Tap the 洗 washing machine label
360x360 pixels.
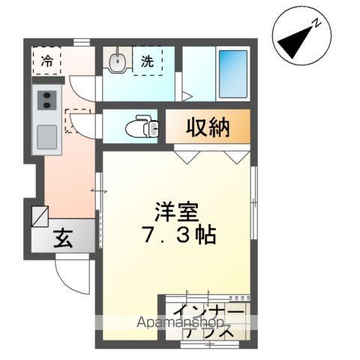pos(147,62)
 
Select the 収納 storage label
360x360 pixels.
pos(208,127)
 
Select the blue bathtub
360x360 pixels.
pos(233,73)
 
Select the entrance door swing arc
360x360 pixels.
pos(71,277)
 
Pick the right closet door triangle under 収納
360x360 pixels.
pos(238,155)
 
